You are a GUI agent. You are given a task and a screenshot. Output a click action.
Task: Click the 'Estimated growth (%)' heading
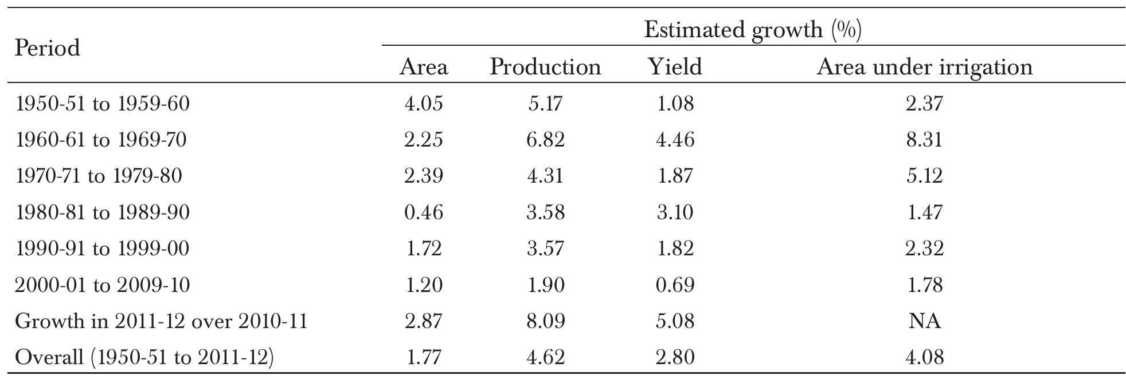pos(752,29)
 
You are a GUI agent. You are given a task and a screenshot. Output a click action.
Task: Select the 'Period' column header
pos(47,48)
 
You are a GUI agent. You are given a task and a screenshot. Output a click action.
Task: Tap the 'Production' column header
pos(545,67)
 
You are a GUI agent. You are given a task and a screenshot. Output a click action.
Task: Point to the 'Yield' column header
pos(675,67)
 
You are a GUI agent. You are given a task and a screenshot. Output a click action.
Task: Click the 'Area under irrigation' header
pos(924,67)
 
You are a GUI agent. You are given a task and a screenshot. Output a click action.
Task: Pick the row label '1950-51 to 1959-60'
pos(102,104)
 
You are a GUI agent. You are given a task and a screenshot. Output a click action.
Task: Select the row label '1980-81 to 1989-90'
pos(102,212)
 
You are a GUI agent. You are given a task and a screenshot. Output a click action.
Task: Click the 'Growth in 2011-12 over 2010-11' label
pos(161,321)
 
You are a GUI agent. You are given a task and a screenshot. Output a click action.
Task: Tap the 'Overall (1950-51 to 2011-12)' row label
pos(144,357)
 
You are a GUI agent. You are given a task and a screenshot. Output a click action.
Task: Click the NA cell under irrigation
pos(924,321)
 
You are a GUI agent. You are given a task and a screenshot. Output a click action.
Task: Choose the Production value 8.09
pos(545,321)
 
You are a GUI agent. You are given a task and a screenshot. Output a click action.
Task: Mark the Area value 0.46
pos(423,212)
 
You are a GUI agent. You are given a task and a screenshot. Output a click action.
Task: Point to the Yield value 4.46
pos(675,140)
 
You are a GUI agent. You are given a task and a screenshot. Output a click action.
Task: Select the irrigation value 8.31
pos(924,140)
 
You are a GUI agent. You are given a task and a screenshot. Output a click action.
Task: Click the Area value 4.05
pos(423,104)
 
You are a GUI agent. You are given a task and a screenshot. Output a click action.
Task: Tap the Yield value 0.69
pos(675,285)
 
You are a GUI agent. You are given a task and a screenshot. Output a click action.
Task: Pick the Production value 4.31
pos(545,176)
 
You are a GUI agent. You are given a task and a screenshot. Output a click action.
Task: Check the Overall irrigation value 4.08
pos(924,357)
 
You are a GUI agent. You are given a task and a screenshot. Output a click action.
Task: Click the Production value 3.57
pos(545,248)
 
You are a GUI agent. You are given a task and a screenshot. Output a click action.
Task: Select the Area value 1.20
pos(423,285)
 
